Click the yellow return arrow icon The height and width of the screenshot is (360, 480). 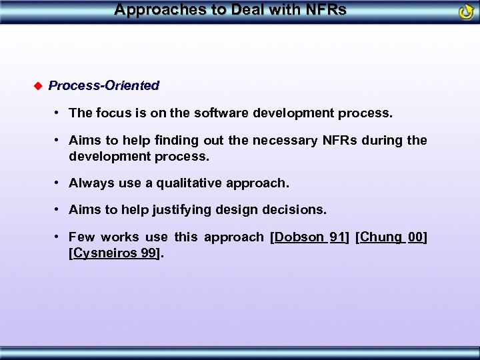466,12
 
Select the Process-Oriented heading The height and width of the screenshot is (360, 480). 104,85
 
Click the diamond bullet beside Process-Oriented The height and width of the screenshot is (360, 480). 37,85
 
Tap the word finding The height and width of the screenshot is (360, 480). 163,140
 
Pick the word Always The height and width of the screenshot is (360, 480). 90,183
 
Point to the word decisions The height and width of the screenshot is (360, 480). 298,209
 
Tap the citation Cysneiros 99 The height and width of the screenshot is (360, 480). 114,253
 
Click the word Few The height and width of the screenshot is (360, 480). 81,237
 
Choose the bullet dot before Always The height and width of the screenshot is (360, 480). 59,182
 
